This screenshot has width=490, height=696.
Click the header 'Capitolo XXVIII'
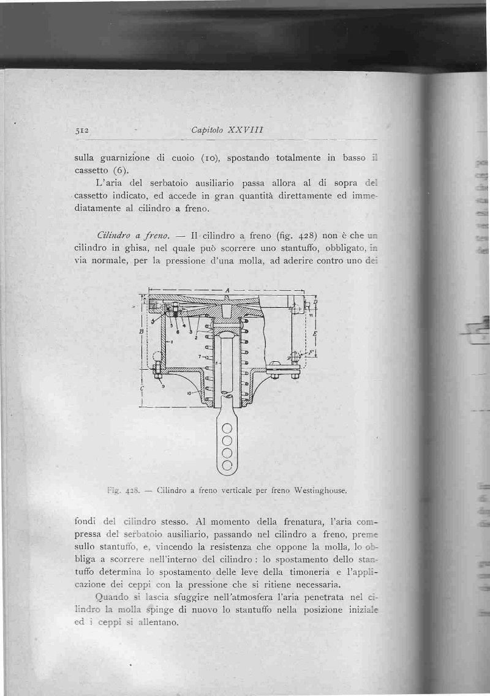tap(227, 130)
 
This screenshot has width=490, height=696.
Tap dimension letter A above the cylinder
tap(227, 290)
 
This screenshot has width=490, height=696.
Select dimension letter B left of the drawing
tap(141, 331)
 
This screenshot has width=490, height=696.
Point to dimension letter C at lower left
tap(141, 390)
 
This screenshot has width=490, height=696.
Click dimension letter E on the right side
tap(314, 334)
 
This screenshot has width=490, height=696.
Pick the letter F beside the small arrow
tap(311, 353)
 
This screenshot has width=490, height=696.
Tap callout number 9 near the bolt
tap(163, 386)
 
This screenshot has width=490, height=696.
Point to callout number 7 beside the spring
tap(200, 355)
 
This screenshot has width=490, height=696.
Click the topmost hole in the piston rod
tap(227, 428)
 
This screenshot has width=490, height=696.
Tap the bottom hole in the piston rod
tap(227, 465)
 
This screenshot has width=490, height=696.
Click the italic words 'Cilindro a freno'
tap(131, 236)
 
